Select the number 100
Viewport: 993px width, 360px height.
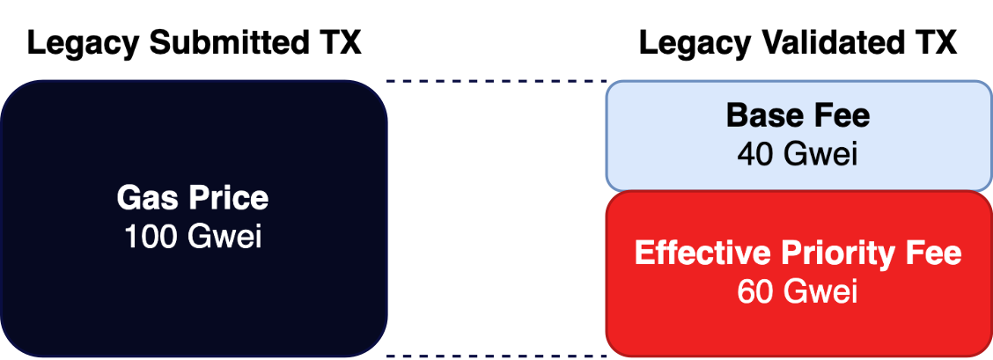point(152,237)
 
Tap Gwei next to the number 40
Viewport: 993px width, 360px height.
point(820,154)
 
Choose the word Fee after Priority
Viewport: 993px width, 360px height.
point(935,253)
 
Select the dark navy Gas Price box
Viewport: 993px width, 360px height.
point(193,132)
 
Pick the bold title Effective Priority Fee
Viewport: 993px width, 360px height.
point(798,253)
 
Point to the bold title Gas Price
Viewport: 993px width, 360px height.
point(193,198)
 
